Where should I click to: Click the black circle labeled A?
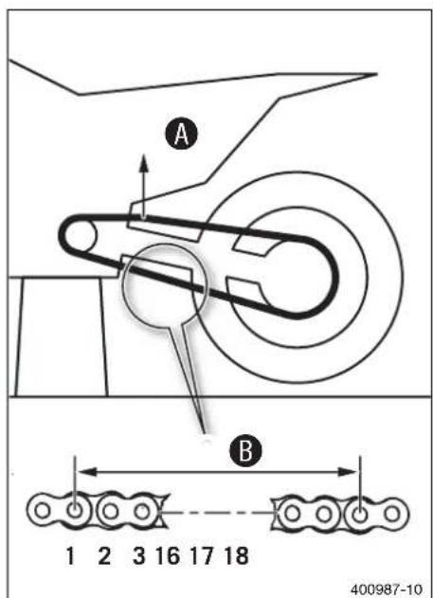(x=181, y=135)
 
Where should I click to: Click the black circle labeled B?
(x=245, y=450)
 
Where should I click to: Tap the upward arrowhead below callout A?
(x=143, y=163)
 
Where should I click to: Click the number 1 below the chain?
(x=70, y=555)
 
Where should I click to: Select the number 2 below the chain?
(x=104, y=555)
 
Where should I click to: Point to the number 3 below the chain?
(x=138, y=555)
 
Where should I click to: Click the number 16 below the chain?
(x=168, y=555)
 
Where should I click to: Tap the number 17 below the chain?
(x=202, y=555)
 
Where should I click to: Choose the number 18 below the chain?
(x=237, y=555)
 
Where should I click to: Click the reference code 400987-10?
(x=387, y=589)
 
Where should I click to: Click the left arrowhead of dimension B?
(x=86, y=472)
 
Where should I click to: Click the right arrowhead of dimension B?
(x=348, y=472)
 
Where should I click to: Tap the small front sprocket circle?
(x=80, y=236)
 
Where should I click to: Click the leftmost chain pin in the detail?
(x=43, y=511)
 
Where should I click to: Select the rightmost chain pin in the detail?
(x=392, y=514)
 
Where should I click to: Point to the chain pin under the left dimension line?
(x=75, y=511)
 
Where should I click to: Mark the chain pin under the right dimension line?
(x=360, y=515)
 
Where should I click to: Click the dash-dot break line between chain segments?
(x=219, y=513)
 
